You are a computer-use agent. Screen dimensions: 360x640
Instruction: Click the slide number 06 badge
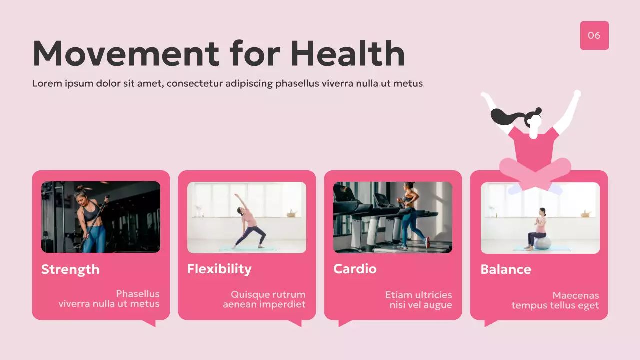pos(594,35)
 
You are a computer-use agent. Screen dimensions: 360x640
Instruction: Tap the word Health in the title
pos(347,53)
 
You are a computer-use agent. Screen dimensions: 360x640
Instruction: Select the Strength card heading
pos(70,270)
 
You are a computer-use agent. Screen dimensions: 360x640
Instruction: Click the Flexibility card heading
pos(219,269)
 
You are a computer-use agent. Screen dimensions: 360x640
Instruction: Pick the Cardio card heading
pos(355,269)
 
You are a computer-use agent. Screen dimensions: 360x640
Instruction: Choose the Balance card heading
pos(506,270)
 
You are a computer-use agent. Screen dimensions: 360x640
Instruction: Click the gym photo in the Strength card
pos(101,217)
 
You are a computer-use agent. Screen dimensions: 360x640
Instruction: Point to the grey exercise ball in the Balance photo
pos(543,243)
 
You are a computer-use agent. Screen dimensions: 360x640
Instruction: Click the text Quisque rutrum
pos(268,295)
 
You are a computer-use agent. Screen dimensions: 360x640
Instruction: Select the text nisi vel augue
pos(421,305)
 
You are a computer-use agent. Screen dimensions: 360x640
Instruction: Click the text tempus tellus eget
pos(555,306)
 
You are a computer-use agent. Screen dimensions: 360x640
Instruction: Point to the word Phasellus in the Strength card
pos(138,294)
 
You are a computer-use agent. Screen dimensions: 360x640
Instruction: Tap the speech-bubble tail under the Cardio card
pos(344,323)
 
